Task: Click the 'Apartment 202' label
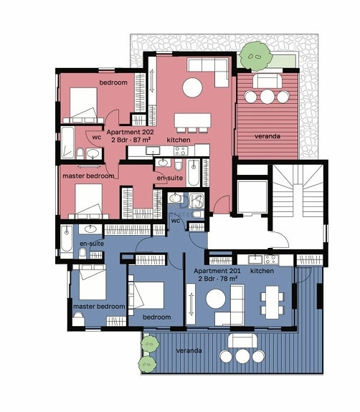pos(130,132)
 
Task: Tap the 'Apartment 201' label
pos(217,271)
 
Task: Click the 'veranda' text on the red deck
pos(267,136)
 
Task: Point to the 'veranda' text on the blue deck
pos(189,350)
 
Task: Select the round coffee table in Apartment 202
pos(192,87)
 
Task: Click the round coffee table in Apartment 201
pos(216,299)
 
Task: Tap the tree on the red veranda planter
pos(256,57)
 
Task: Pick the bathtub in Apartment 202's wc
pos(67,143)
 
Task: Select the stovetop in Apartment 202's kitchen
pos(181,150)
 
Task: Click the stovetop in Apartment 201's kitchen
pos(271,259)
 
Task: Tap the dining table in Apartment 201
pos(273,302)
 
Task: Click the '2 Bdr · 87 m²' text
pos(131,140)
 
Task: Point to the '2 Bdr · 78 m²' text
pos(218,279)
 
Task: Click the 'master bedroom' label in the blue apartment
pos(99,307)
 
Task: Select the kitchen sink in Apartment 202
pos(153,150)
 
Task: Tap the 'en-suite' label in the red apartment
pos(170,178)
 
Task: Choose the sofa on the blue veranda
pos(242,341)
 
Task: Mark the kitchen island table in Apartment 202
pos(192,120)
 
